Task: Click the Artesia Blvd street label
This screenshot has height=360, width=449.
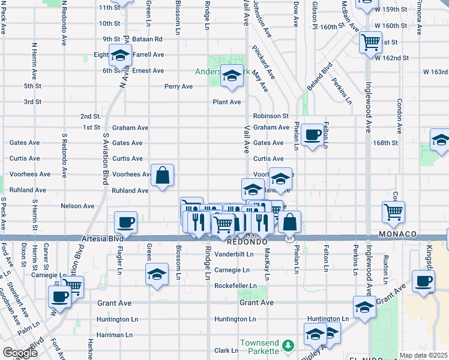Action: (97, 239)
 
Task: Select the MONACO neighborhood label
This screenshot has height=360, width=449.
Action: (397, 233)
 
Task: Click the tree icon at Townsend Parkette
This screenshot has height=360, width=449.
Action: (289, 346)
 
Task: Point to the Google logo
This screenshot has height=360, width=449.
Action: (20, 353)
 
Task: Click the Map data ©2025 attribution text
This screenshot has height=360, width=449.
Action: (423, 355)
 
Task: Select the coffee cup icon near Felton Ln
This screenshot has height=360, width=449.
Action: (312, 134)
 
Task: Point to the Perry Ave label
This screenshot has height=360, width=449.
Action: (178, 86)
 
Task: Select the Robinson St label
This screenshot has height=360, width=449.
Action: (271, 116)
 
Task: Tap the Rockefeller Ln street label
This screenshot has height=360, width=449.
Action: (235, 286)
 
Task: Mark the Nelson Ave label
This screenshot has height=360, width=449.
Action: (77, 206)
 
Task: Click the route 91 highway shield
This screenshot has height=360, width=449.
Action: (288, 239)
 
